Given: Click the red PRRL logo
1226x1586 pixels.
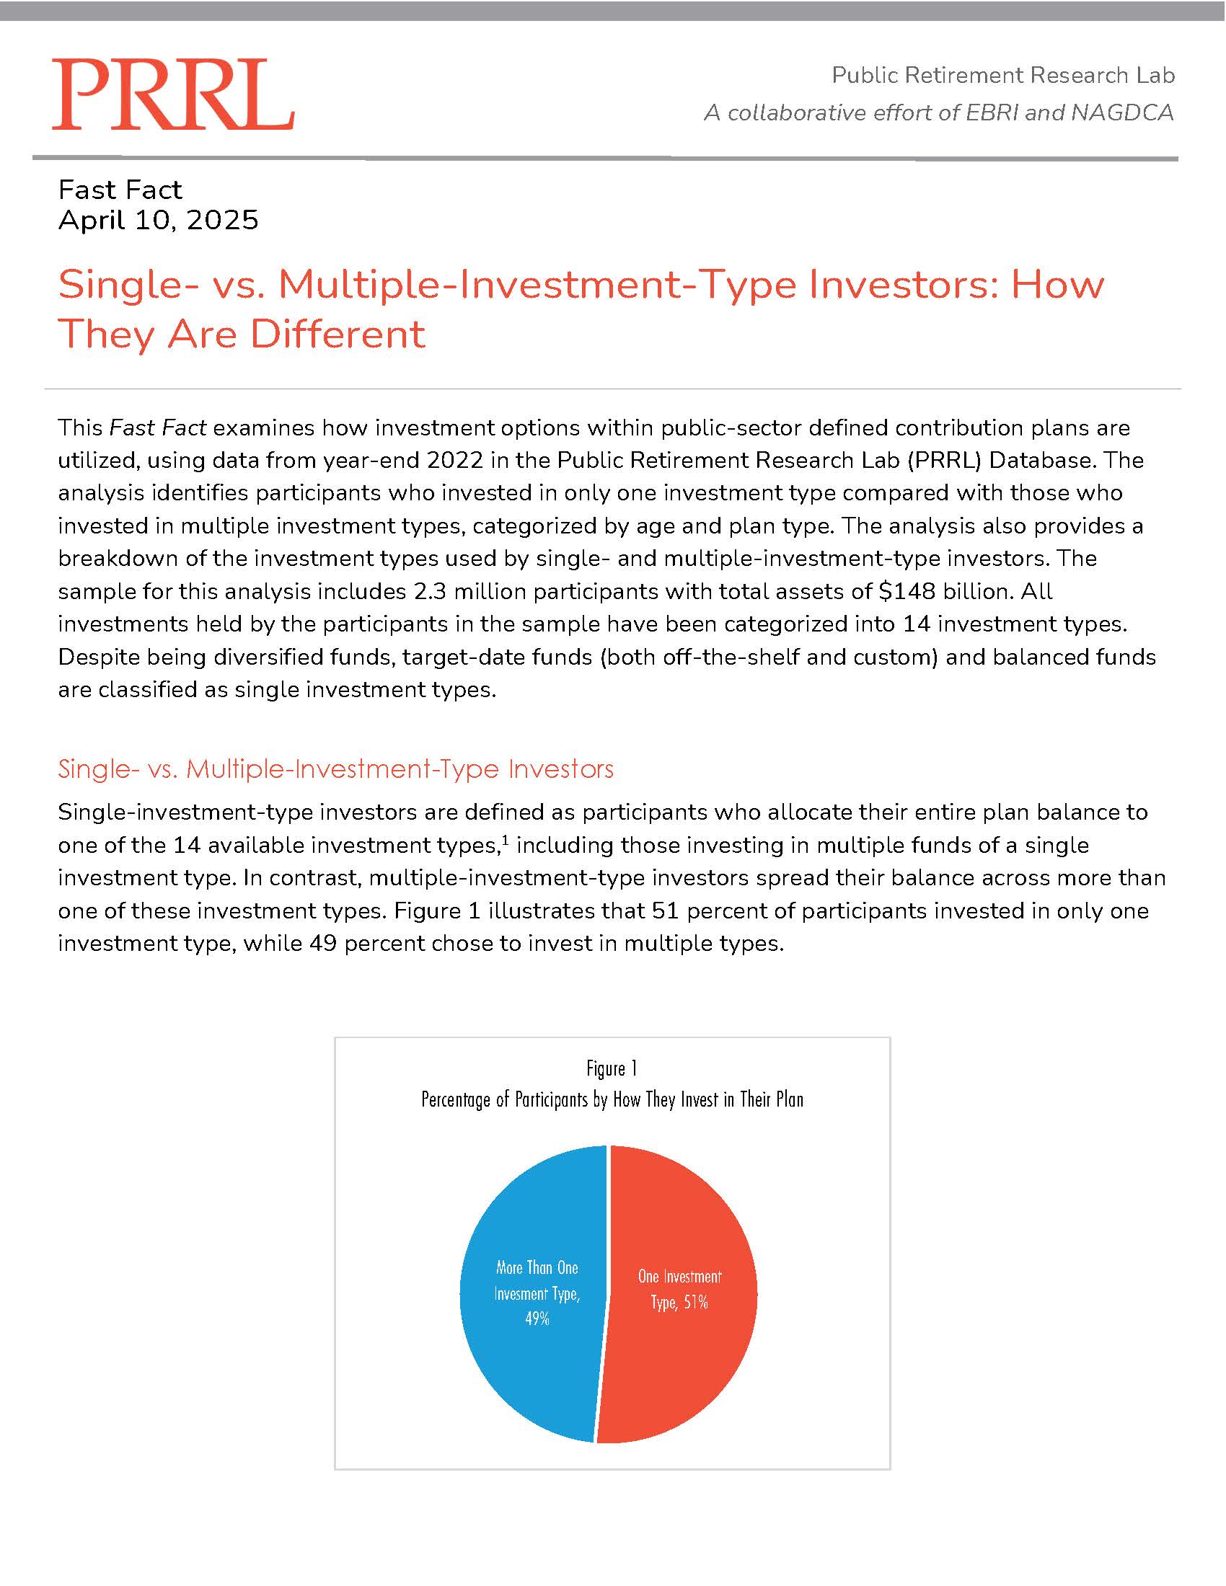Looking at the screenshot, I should point(173,94).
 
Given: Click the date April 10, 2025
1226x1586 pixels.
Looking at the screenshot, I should point(159,220).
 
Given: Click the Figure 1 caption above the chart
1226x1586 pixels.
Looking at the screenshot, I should point(612,1068).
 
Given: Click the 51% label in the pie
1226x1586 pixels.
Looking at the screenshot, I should point(695,1302).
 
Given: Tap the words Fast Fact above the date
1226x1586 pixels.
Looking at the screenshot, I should point(120,190).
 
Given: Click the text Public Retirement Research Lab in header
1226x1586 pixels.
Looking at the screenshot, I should point(1003,75).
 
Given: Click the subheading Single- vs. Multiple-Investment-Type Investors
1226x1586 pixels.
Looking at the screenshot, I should point(335,769).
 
